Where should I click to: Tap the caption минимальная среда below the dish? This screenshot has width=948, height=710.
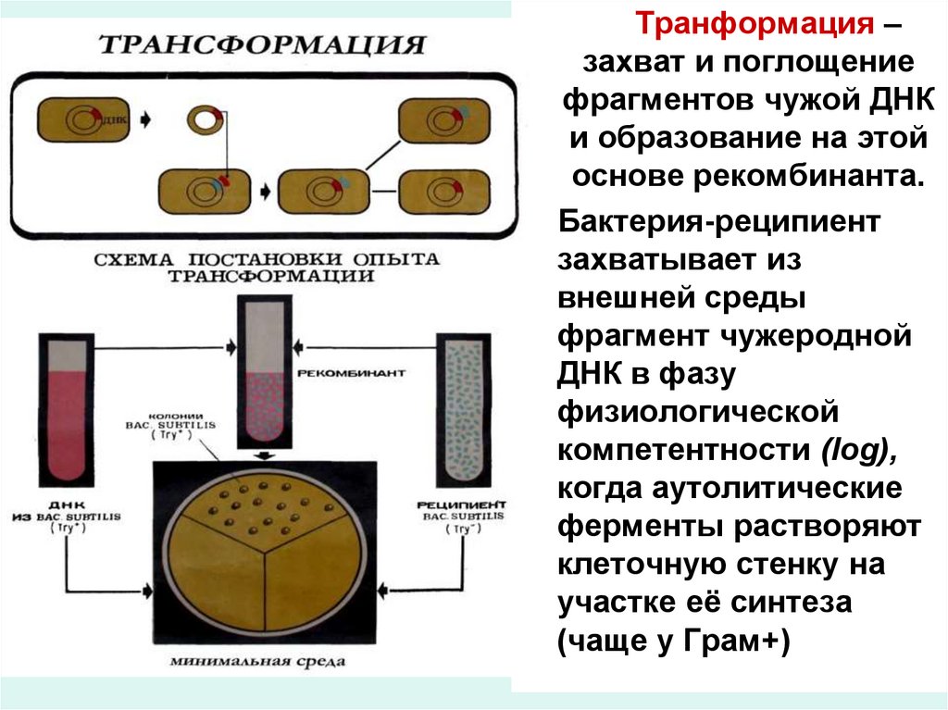coord(258,662)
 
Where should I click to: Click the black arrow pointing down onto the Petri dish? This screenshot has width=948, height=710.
coord(264,455)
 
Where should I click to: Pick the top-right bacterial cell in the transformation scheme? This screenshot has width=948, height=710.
coord(435,122)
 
